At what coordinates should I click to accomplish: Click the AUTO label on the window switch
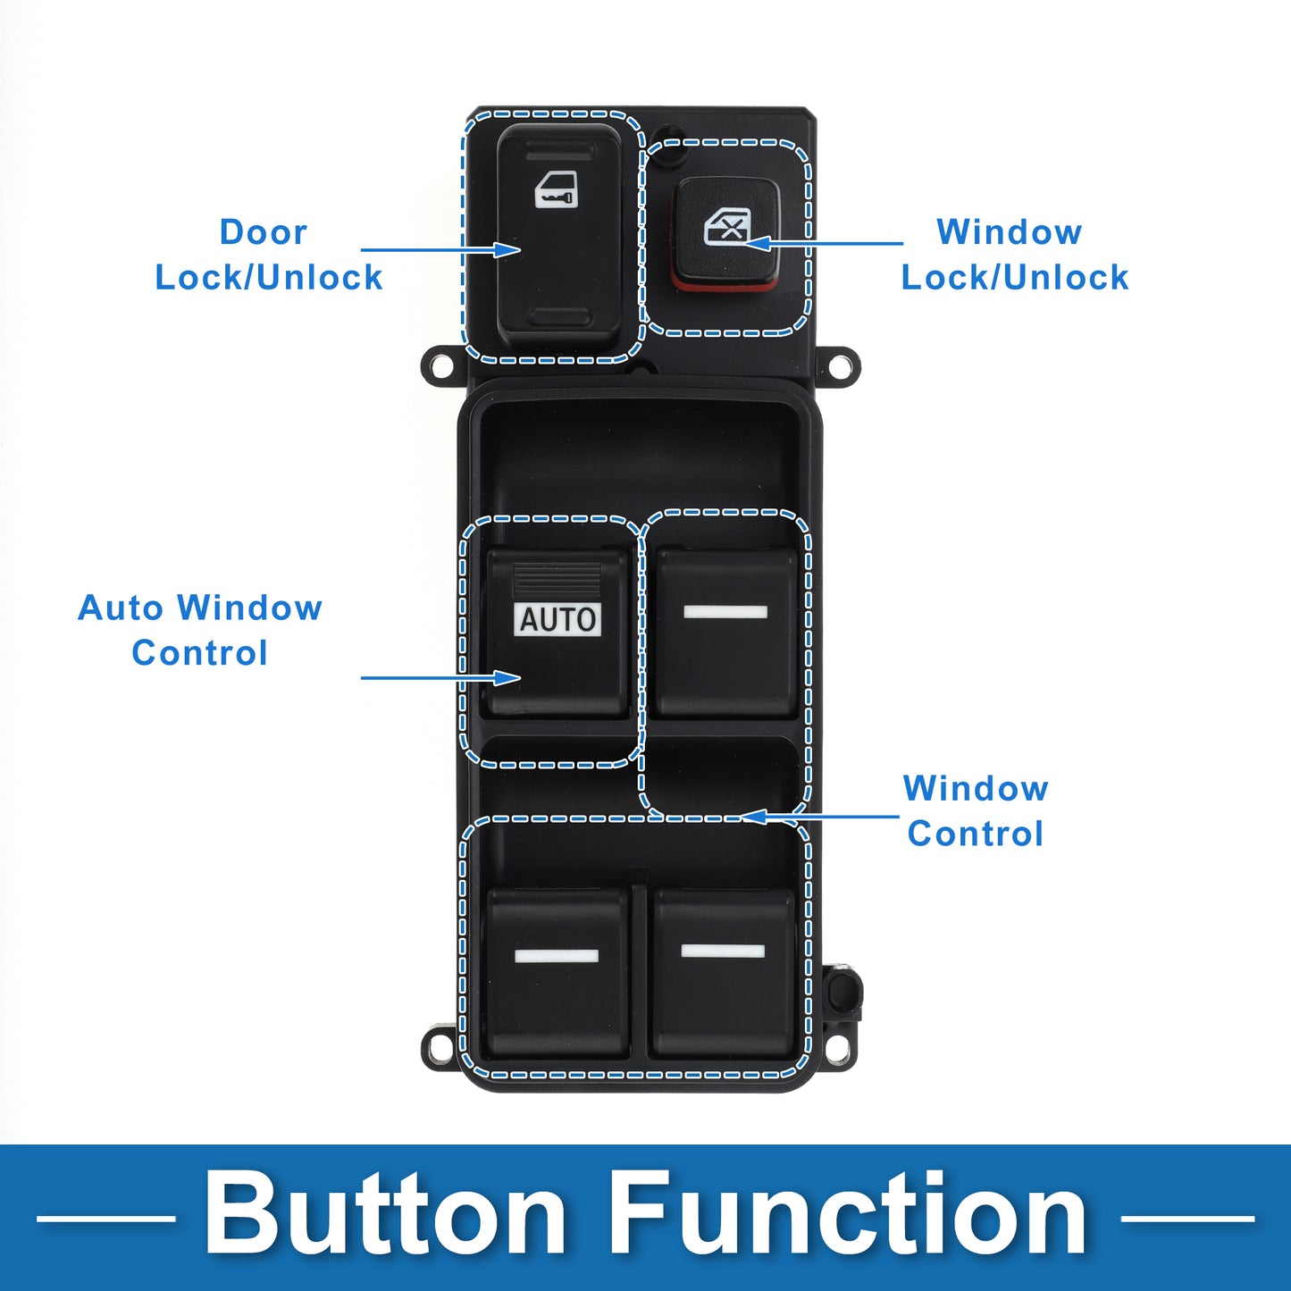tap(557, 619)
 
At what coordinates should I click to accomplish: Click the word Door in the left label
tap(264, 232)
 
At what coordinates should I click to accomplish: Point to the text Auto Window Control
tap(199, 630)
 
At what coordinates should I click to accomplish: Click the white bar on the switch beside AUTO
tap(725, 612)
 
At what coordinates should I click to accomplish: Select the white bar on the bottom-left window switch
tap(556, 955)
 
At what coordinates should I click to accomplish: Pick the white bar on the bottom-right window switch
tap(722, 951)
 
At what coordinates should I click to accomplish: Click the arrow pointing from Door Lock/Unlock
tap(440, 250)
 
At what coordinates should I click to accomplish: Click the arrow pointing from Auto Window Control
tap(440, 678)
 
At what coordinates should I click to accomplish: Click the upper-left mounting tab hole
tap(438, 366)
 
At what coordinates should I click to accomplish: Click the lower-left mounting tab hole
tap(438, 1044)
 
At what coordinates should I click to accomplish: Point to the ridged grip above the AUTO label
tap(557, 580)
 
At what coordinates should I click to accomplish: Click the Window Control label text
tap(976, 810)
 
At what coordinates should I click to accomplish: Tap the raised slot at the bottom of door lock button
tap(561, 317)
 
